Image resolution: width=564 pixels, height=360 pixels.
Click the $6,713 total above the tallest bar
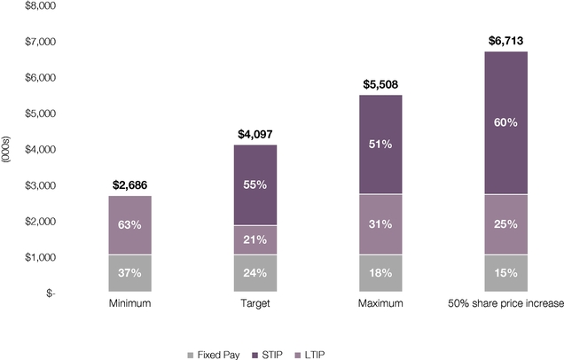pyautogui.click(x=505, y=41)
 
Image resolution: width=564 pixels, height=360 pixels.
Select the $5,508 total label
pyautogui.click(x=380, y=84)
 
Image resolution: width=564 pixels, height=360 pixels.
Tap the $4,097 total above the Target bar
pyautogui.click(x=255, y=135)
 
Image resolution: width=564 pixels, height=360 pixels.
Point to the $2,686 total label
pyautogui.click(x=130, y=185)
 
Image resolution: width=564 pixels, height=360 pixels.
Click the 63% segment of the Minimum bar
pyautogui.click(x=130, y=225)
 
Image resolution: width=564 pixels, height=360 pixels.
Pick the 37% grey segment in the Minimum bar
pyautogui.click(x=130, y=273)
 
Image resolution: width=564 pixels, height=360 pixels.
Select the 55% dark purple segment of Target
pyautogui.click(x=255, y=184)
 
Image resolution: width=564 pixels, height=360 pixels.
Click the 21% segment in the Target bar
pyautogui.click(x=255, y=239)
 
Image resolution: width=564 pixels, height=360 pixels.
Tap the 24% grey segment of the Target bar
pyautogui.click(x=255, y=273)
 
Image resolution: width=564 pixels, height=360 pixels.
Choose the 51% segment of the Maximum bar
pyautogui.click(x=380, y=144)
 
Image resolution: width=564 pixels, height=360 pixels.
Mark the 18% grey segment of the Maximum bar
pyautogui.click(x=380, y=273)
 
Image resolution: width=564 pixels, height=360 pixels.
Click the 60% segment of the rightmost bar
pyautogui.click(x=505, y=122)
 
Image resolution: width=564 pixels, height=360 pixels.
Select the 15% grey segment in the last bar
pyautogui.click(x=505, y=273)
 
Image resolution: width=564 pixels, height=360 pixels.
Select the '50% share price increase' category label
pyautogui.click(x=505, y=304)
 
